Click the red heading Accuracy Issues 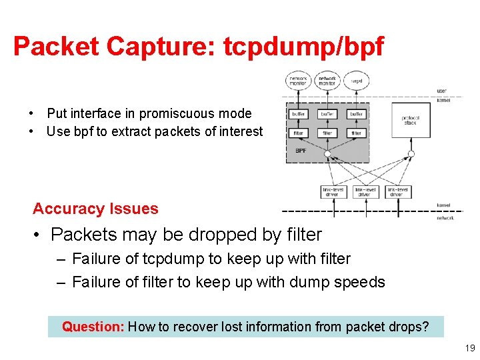click(95, 209)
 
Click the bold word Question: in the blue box click(93, 327)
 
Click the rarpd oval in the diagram click(356, 81)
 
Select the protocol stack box click(411, 120)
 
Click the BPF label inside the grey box click(301, 151)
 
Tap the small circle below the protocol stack click(411, 154)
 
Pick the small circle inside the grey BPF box click(327, 154)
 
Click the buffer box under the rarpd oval click(356, 114)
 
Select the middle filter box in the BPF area click(327, 133)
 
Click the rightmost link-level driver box click(398, 192)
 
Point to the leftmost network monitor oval click(298, 81)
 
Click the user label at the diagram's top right click(442, 91)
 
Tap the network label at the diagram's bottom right click(445, 217)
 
